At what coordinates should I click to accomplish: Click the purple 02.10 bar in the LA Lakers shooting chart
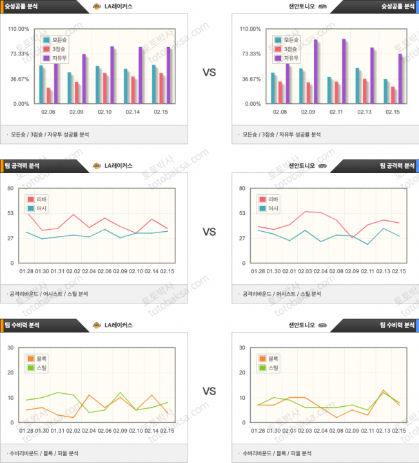[x=112, y=75]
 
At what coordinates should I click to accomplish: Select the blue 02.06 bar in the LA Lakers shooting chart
[x=41, y=85]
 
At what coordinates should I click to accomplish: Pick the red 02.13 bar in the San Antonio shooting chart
[x=365, y=91]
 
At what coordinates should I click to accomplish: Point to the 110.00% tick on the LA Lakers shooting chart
[x=19, y=29]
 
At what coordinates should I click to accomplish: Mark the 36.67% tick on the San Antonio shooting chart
[x=251, y=79]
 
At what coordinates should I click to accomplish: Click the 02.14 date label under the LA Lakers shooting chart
[x=133, y=112]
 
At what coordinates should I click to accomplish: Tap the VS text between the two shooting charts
[x=209, y=73]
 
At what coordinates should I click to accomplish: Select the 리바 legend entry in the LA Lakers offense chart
[x=41, y=200]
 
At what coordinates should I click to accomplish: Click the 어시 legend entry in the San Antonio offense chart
[x=270, y=209]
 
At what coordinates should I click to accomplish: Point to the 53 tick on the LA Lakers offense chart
[x=10, y=213]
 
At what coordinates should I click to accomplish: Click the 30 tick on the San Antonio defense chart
[x=242, y=347]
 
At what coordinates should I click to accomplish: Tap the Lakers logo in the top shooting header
[x=97, y=6]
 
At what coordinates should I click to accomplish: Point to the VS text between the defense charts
[x=209, y=391]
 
